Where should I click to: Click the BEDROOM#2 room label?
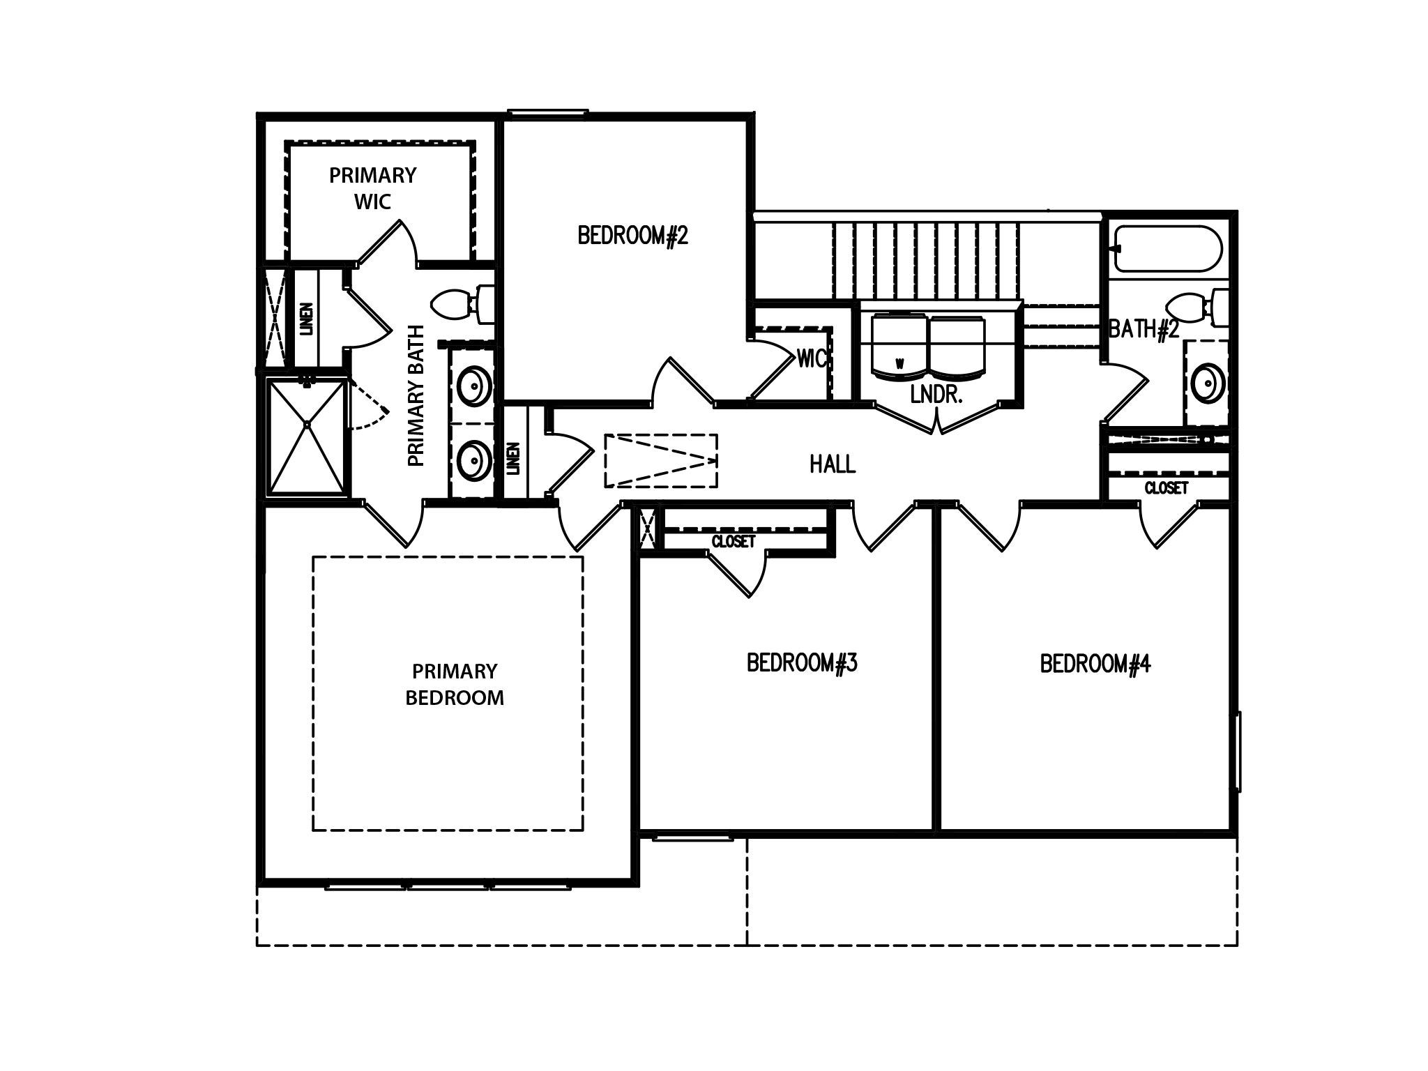632,236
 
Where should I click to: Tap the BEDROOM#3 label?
802,662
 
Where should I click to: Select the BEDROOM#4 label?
1095,664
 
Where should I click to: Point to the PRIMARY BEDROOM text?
455,684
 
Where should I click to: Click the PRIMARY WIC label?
373,188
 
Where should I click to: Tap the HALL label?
833,464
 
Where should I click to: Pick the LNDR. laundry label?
936,395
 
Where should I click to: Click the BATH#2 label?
1144,328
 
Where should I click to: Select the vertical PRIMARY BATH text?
416,395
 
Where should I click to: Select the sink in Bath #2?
1207,382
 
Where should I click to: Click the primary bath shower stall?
307,436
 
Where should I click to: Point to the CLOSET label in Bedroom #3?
734,542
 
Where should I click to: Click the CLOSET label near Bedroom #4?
1167,488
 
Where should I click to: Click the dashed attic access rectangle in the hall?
661,460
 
